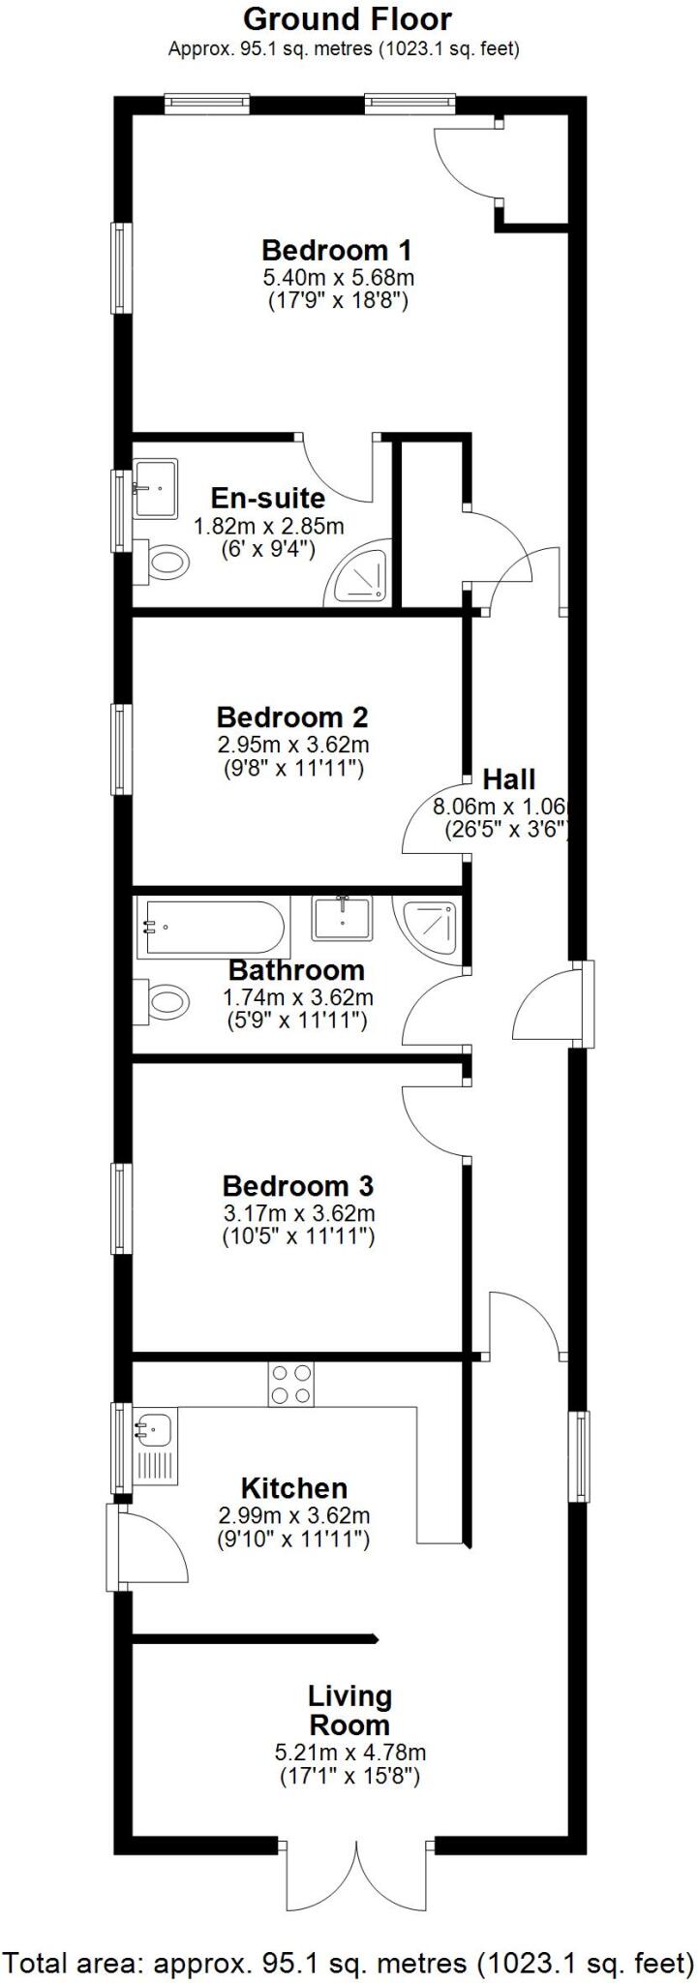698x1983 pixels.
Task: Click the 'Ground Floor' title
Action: click(347, 19)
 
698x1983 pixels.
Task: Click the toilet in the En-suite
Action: click(165, 562)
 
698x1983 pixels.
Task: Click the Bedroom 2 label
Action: click(291, 717)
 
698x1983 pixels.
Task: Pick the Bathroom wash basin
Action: click(341, 918)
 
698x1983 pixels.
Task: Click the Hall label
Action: click(509, 778)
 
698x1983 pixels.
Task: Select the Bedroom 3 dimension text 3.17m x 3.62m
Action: click(299, 1213)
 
